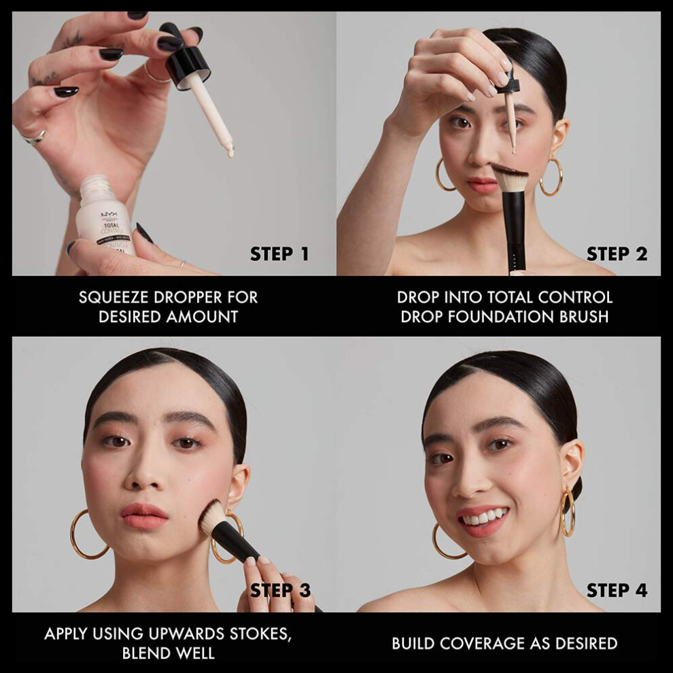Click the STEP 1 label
279,254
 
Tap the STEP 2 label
617,254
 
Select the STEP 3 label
280,590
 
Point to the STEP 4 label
617,590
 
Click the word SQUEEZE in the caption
114,298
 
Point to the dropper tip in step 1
230,153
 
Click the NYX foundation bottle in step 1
105,215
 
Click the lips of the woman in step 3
144,515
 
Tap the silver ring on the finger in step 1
34,137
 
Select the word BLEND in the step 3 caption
144,653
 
